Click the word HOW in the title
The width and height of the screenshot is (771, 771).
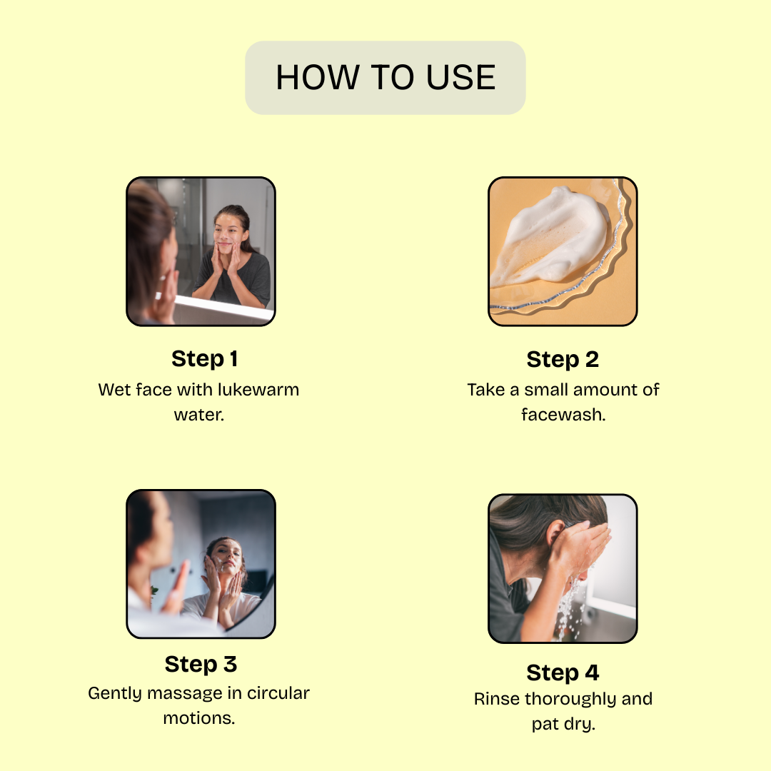point(318,78)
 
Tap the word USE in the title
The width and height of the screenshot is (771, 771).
point(460,78)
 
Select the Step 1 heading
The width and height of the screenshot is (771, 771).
point(205,359)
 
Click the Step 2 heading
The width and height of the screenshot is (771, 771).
point(563,360)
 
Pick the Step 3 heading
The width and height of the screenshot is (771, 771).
point(201,665)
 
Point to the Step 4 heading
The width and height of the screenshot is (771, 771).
point(563,673)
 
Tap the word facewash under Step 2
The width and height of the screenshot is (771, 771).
point(563,415)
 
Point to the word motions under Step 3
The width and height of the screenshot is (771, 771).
point(198,718)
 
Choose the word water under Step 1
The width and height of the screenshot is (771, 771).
point(198,415)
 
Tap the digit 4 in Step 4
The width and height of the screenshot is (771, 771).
point(592,672)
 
